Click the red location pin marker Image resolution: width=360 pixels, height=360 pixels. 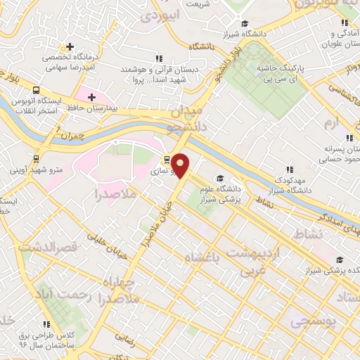181,166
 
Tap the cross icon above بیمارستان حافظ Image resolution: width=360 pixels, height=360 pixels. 91,97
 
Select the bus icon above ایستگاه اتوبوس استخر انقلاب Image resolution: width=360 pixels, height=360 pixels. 36,90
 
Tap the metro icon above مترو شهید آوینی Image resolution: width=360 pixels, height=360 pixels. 36,158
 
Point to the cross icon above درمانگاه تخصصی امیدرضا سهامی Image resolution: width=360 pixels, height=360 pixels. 68,46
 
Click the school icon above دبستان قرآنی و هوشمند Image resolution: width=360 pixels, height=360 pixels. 160,58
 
